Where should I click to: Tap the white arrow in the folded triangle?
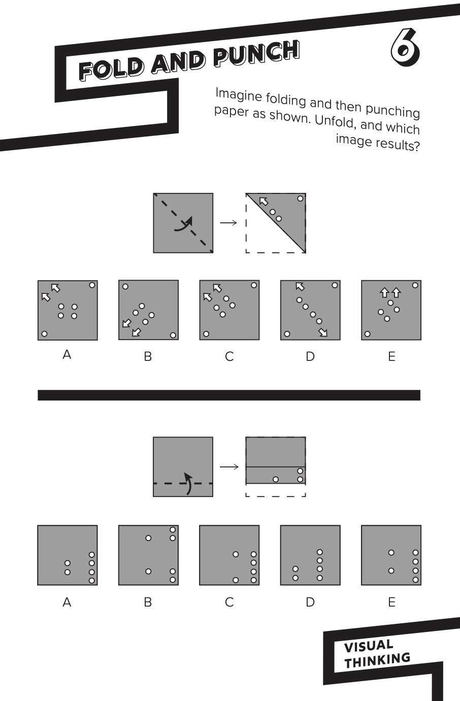pos(264,202)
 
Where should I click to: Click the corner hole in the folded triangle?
pos(300,198)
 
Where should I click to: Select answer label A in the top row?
pos(67,355)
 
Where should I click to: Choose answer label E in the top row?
pos(391,357)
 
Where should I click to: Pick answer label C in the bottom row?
pos(229,603)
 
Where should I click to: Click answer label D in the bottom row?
pos(310,603)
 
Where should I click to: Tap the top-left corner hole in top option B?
pos(125,287)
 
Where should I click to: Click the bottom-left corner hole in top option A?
pos(44,333)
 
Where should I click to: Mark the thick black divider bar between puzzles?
pos(229,395)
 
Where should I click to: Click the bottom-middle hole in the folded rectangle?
pos(276,479)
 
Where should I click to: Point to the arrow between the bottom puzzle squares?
pos(229,466)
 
